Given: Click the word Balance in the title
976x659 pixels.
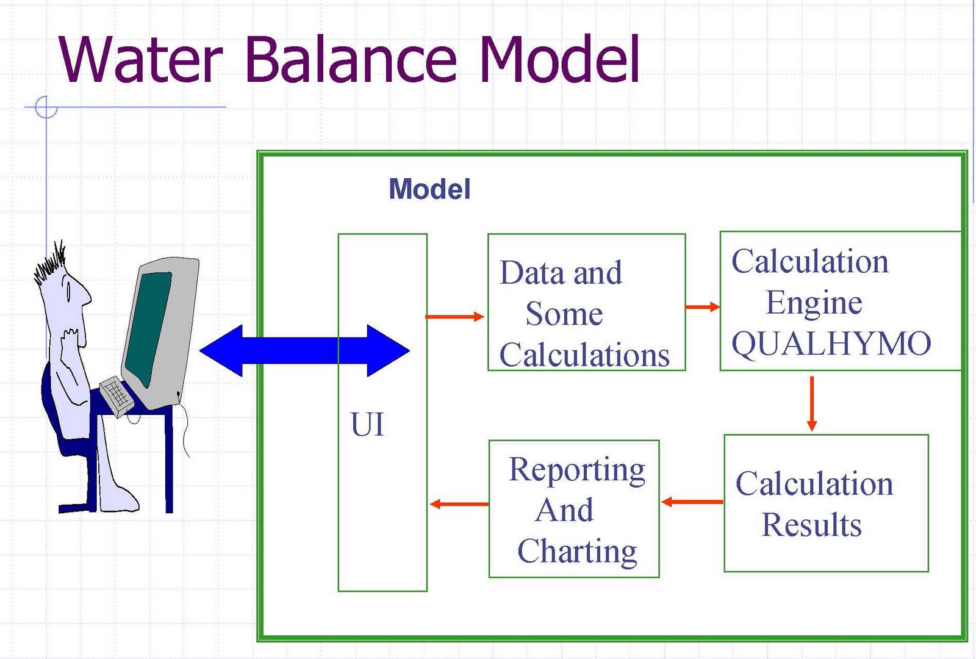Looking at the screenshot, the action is tap(351, 59).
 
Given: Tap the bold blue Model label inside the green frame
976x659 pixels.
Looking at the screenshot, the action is tap(429, 189).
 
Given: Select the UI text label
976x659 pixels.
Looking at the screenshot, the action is tap(367, 423).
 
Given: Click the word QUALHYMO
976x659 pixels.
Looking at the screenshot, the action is tap(831, 344).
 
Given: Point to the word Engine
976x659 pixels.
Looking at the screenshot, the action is tap(814, 303).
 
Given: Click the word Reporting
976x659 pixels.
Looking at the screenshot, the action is tap(577, 470).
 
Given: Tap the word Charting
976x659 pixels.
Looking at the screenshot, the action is tap(577, 552).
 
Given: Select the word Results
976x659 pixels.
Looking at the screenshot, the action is tap(811, 525).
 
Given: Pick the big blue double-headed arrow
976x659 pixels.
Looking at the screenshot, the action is tap(304, 350).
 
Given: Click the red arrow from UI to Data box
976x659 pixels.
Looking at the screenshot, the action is tap(454, 317).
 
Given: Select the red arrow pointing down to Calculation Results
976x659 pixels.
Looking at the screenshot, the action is tap(812, 403).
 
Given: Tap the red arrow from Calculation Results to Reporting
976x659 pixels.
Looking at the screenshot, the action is tap(692, 502).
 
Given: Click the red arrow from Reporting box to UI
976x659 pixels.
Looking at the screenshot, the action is tap(459, 504).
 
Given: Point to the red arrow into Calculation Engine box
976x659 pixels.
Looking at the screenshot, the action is tap(702, 307).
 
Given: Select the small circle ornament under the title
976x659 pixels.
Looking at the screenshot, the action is tap(46, 107).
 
